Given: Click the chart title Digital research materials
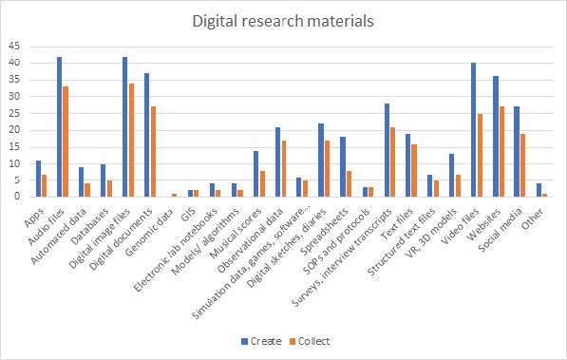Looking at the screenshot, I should click(x=283, y=20).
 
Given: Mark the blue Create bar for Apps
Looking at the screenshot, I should click(x=37, y=179).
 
